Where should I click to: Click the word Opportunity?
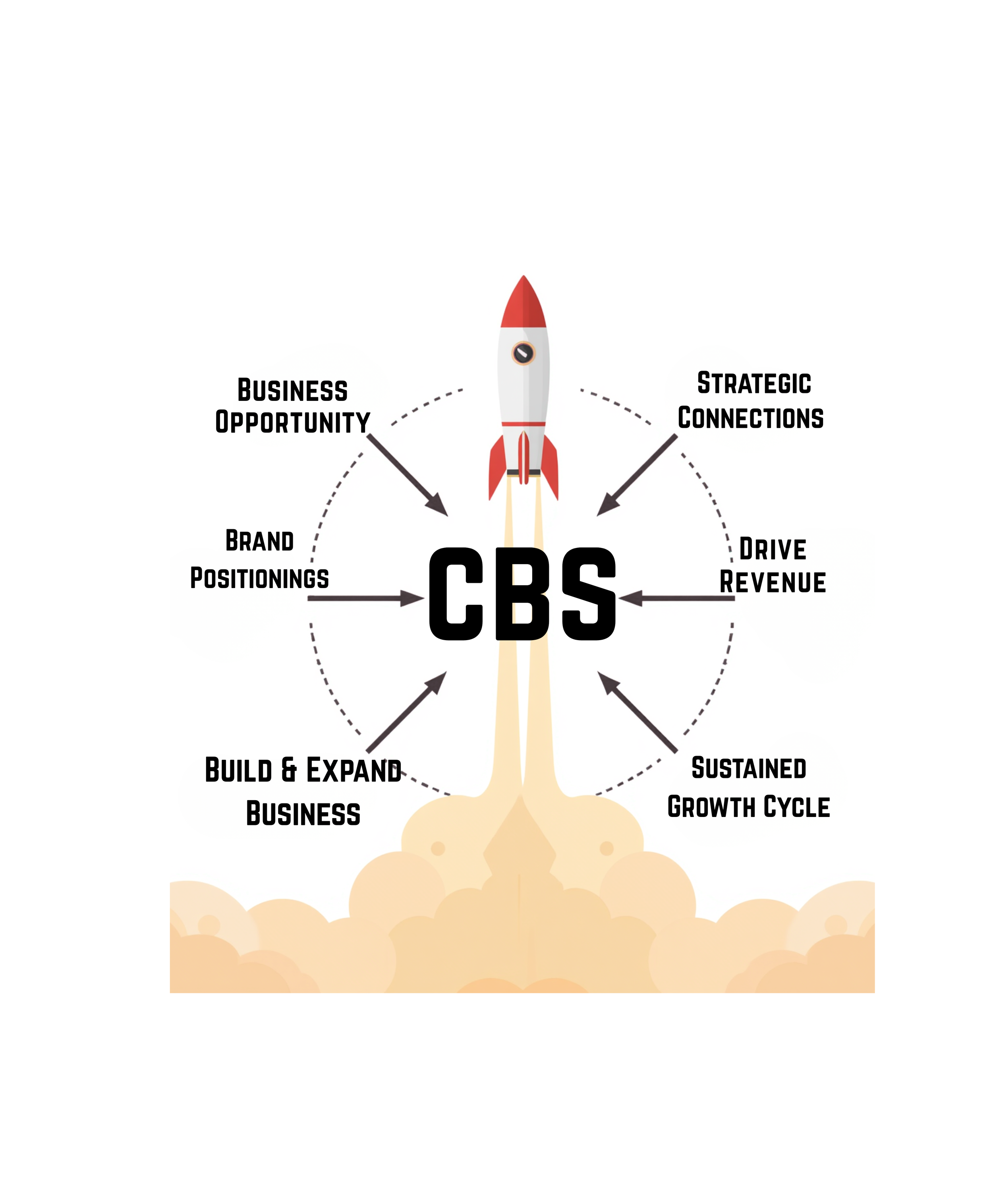click(292, 422)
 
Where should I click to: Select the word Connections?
click(750, 418)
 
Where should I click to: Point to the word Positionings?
click(259, 579)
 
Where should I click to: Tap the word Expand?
click(354, 770)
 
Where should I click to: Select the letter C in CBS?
click(456, 594)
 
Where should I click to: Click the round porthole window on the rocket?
click(523, 353)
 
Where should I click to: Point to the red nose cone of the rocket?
click(523, 304)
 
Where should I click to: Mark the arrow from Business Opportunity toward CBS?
click(408, 475)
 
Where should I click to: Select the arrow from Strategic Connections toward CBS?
click(637, 475)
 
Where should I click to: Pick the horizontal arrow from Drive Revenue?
click(677, 598)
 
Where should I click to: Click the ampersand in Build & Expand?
click(289, 770)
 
